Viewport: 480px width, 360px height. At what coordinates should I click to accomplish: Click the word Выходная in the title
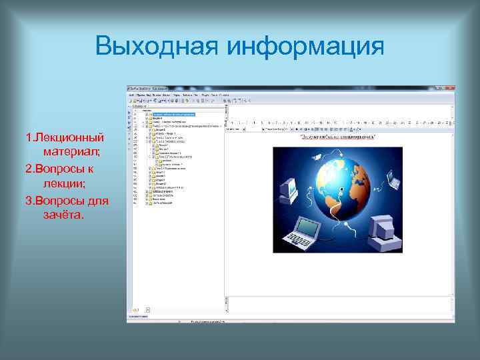[x=157, y=47]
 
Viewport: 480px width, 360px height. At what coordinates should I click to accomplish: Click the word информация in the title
[x=306, y=47]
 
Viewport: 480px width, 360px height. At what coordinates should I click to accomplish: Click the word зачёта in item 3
[x=63, y=215]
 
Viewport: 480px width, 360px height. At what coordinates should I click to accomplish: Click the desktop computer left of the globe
[x=287, y=191]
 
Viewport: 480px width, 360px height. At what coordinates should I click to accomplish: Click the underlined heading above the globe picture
[x=338, y=138]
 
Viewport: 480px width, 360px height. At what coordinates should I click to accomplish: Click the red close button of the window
[x=451, y=88]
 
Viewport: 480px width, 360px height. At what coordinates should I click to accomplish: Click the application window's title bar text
[x=150, y=88]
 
